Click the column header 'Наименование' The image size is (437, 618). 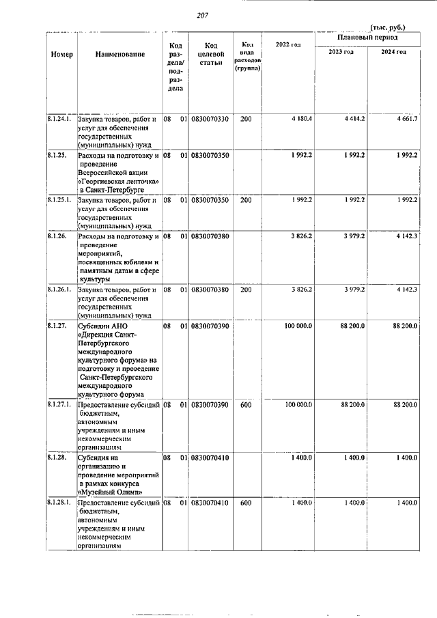click(120, 53)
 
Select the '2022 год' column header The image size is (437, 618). click(287, 45)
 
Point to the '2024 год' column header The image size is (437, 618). click(393, 52)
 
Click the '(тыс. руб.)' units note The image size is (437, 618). click(387, 27)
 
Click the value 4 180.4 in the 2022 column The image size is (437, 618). click(301, 119)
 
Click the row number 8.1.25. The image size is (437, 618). click(57, 156)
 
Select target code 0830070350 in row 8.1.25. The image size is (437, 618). click(210, 156)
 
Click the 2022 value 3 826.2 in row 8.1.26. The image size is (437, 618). click(301, 236)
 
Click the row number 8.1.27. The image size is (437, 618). click(57, 326)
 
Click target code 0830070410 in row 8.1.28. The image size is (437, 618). click(210, 458)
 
